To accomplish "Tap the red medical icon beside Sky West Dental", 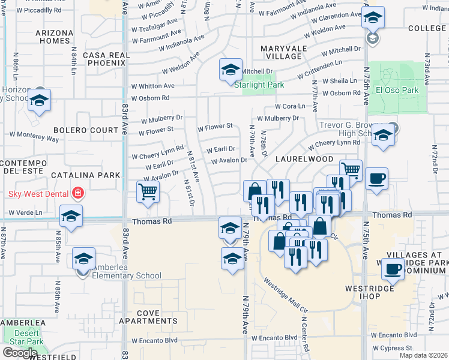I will pos(77,193).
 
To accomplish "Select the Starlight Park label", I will pos(259,85).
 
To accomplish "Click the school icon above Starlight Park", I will pos(230,71).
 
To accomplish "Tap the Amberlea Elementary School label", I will pos(125,275).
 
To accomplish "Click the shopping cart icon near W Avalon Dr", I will pos(148,192).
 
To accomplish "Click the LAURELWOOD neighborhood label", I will pos(304,159).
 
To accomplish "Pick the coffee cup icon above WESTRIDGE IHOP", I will pos(394,270).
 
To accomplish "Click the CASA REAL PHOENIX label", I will pos(106,59).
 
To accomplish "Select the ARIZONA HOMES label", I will pos(53,37).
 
